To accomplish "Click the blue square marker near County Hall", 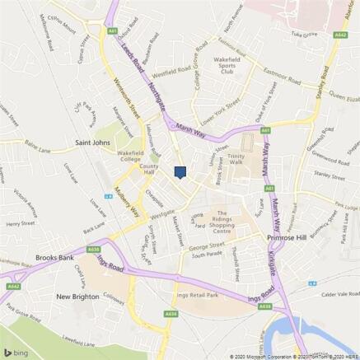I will pos(180,171).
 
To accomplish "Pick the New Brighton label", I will pos(79,295).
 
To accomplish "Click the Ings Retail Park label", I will pos(200,294).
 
